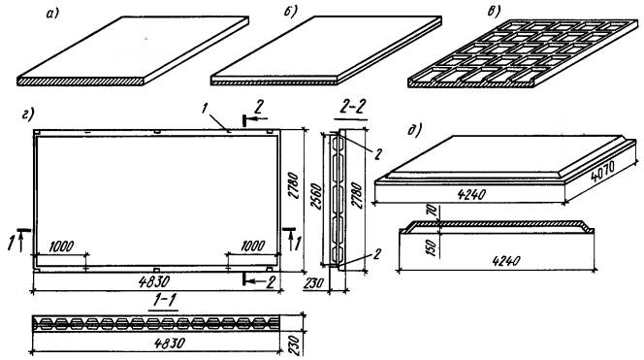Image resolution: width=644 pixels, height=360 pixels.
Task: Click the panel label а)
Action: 53,14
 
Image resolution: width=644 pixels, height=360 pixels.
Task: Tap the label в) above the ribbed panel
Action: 494,13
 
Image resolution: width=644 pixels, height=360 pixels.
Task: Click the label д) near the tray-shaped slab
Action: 415,131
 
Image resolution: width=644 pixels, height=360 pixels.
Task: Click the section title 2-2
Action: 352,108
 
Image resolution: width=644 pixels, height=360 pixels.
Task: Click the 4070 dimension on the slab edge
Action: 603,171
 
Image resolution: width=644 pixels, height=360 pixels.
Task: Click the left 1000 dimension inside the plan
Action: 61,246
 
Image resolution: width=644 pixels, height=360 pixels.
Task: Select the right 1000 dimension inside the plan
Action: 252,245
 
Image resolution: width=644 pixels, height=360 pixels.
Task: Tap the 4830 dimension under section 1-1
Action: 168,343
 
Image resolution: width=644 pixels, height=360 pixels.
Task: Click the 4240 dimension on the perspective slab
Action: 471,193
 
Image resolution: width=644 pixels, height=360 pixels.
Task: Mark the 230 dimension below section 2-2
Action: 314,283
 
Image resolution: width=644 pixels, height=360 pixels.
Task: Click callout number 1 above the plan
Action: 204,109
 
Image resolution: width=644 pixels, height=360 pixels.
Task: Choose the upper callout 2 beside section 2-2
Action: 378,153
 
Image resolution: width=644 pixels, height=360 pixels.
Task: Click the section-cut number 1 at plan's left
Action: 11,243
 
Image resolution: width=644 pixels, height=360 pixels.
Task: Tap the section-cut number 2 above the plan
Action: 258,108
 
